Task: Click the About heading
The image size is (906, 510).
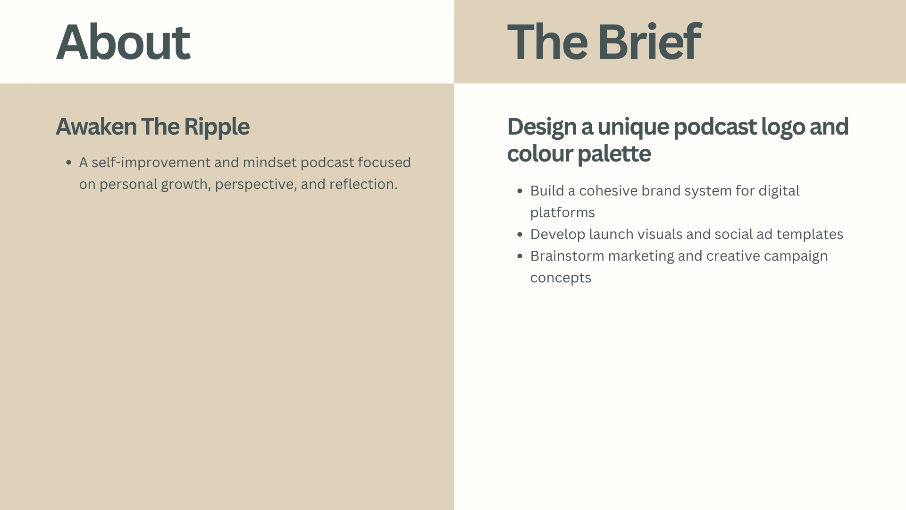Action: (123, 42)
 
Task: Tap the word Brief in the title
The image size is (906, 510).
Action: (649, 42)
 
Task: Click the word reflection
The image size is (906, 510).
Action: (363, 184)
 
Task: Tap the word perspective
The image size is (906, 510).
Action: (256, 185)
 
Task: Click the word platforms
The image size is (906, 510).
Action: (562, 213)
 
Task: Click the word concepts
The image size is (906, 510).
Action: (561, 278)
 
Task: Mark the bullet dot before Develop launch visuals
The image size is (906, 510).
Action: (520, 234)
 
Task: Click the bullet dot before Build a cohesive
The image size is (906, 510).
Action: (520, 191)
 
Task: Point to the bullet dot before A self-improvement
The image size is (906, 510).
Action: (69, 162)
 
